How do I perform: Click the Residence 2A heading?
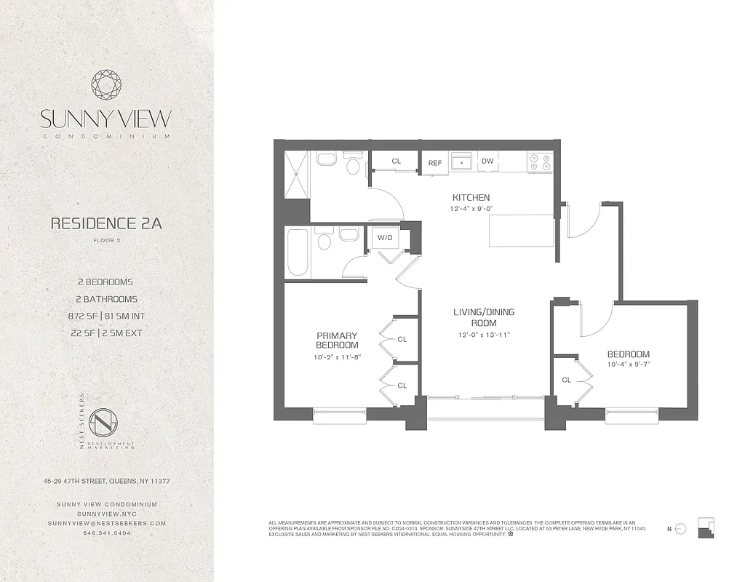106,223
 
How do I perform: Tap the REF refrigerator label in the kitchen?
435,162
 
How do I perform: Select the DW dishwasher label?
487,162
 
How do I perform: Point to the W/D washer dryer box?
384,238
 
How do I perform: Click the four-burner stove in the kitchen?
540,162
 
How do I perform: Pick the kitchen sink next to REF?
461,162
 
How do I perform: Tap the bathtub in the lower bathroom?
297,252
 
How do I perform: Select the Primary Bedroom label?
337,340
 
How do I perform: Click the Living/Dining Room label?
484,317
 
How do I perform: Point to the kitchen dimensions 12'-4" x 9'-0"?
471,209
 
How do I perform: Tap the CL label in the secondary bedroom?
567,380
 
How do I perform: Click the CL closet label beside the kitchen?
397,162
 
